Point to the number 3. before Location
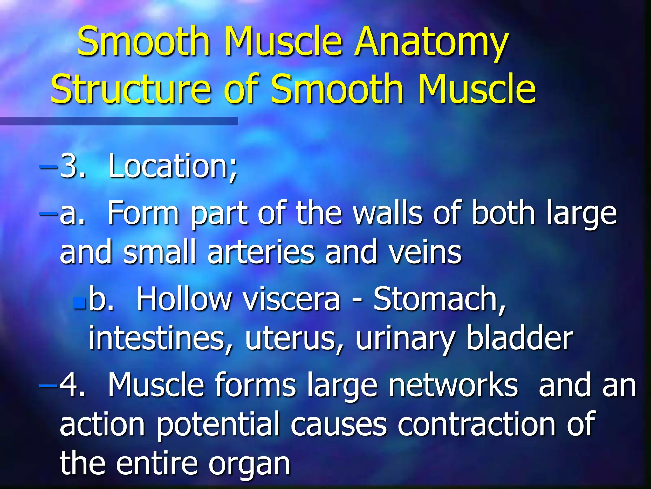pyautogui.click(x=72, y=166)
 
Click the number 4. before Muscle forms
pyautogui.click(x=72, y=385)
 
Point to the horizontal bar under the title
pyautogui.click(x=119, y=121)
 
